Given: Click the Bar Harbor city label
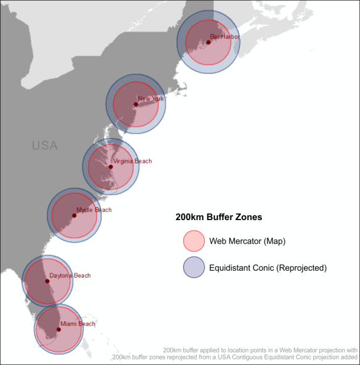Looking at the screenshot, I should point(224,37).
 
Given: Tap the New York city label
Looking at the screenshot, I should point(151,99).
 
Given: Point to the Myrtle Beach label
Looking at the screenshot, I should point(94,210).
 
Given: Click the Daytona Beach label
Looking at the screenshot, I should point(70,276).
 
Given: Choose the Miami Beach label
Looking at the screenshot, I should point(78,324).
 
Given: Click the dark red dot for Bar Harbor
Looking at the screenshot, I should point(208,43).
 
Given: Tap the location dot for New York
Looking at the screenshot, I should point(136,104).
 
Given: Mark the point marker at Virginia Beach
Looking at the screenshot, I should point(111,167).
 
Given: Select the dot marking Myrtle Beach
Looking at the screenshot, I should point(74,215).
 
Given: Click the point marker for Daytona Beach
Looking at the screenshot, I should point(47,281).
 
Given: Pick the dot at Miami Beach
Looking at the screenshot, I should point(59,329).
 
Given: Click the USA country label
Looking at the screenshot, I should point(44,146).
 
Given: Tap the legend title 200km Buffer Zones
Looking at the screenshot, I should point(219,217).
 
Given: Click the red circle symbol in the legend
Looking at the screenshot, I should point(194,240).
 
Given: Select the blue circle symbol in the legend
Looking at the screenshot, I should point(194,268).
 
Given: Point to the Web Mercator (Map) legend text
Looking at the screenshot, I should point(247,240).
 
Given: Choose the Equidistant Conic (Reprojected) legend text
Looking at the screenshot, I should point(268,268).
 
